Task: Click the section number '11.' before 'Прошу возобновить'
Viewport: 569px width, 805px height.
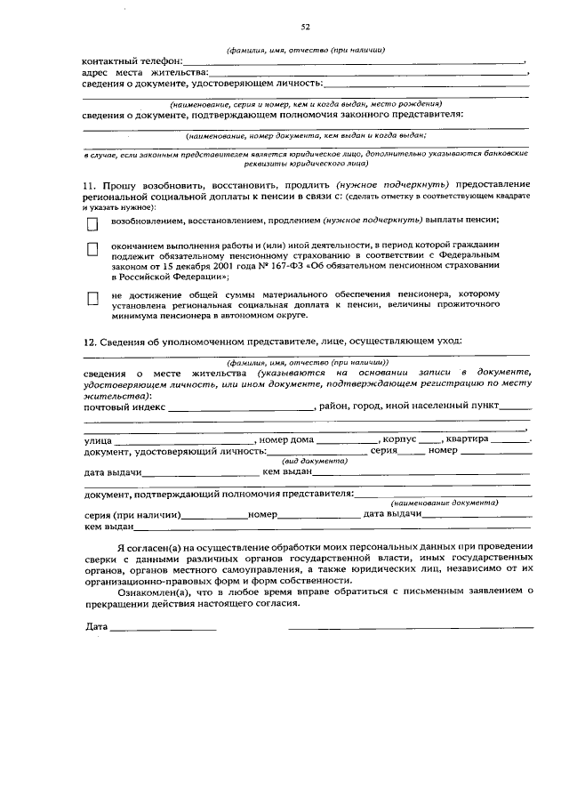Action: pos(90,183)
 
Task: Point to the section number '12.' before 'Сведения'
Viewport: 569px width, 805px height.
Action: pos(90,342)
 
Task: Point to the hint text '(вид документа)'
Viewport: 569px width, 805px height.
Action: pos(314,462)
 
